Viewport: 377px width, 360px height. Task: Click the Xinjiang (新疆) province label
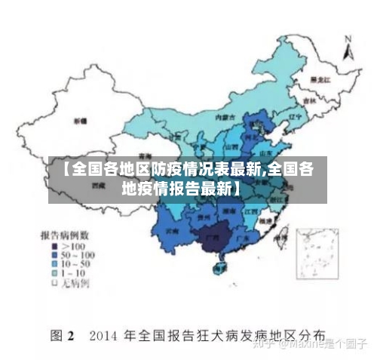point(79,121)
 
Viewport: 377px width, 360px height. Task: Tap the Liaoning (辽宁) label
point(295,117)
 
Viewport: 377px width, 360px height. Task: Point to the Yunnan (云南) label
point(173,230)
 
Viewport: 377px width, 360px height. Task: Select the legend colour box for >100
point(54,247)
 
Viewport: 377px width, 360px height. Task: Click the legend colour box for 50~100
point(54,256)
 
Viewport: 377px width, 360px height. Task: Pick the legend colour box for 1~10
point(54,274)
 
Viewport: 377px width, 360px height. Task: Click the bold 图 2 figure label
point(61,334)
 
